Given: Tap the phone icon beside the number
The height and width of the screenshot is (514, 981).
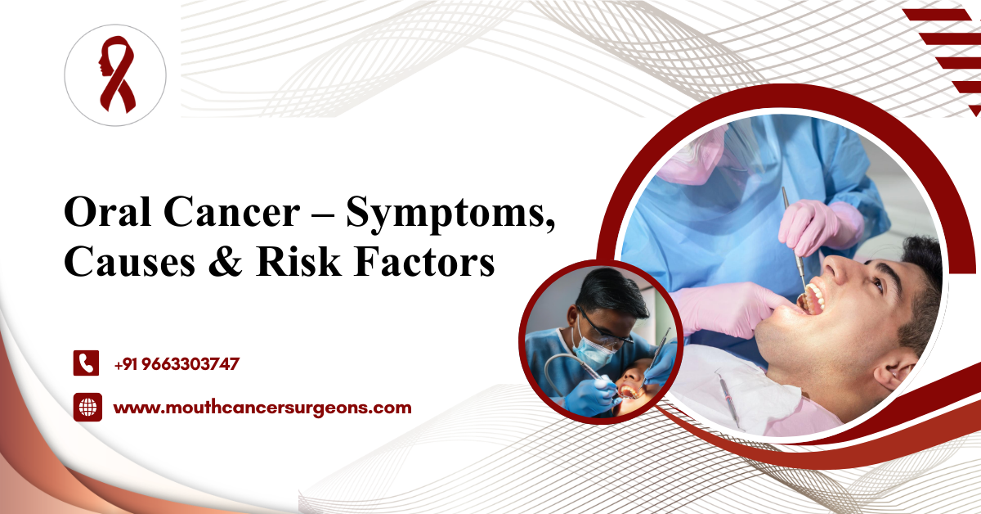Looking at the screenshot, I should (x=86, y=363).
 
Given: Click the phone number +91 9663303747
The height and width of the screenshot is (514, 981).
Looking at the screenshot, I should (x=177, y=364).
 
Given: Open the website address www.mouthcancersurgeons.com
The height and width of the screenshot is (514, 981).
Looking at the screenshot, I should (x=262, y=407).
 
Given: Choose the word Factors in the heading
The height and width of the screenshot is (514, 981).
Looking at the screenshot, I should (x=429, y=263).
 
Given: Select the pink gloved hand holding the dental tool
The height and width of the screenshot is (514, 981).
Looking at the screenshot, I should (x=809, y=222).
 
